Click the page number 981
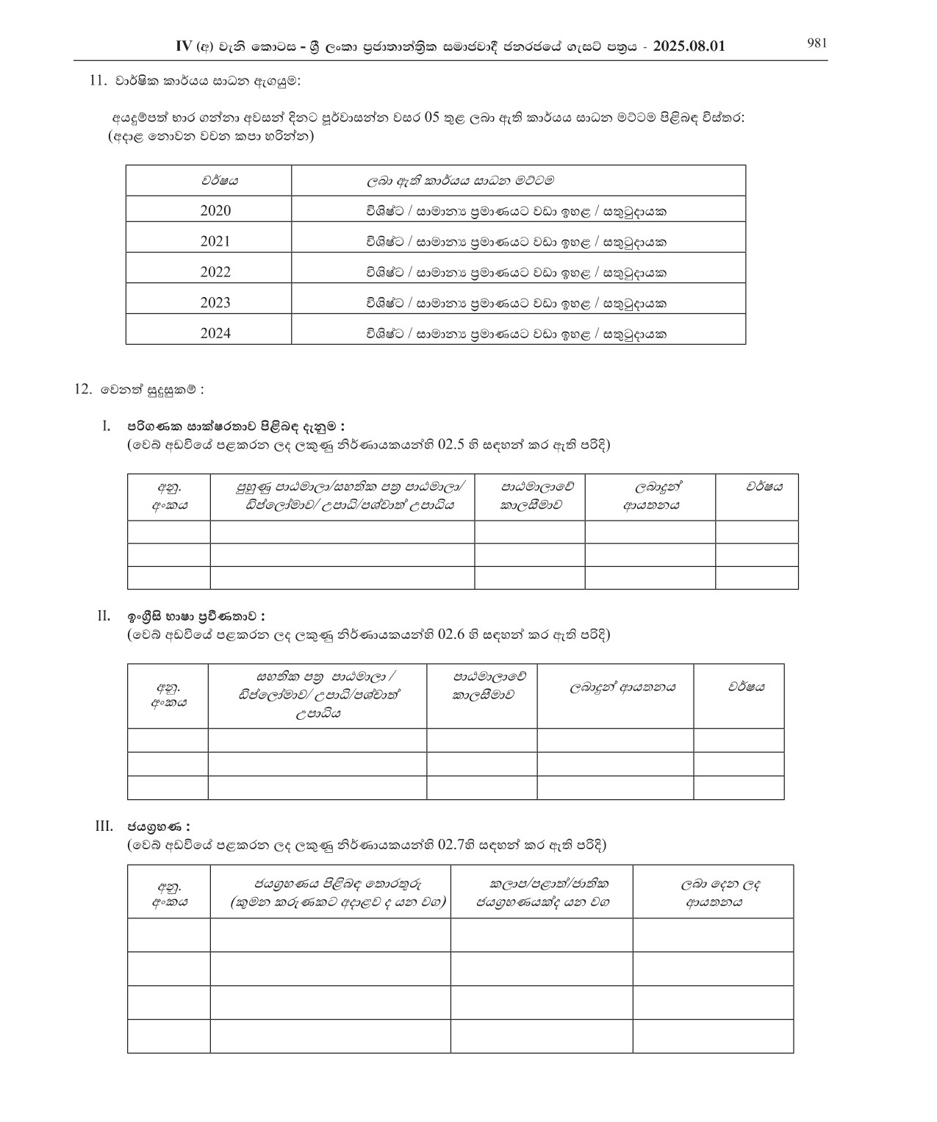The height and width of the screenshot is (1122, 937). [816, 43]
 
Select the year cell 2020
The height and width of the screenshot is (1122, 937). [215, 211]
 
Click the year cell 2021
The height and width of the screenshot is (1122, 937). [215, 241]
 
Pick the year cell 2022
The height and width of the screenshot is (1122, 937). [215, 272]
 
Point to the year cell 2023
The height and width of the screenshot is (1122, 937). [215, 303]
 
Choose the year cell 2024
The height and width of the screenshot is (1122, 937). [215, 334]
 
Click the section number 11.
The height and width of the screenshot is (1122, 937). [98, 81]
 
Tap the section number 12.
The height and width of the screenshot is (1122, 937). [83, 390]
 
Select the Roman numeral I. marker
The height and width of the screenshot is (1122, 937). [107, 426]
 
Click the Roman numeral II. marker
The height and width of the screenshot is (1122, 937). [104, 615]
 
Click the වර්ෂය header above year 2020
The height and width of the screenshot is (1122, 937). [220, 180]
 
